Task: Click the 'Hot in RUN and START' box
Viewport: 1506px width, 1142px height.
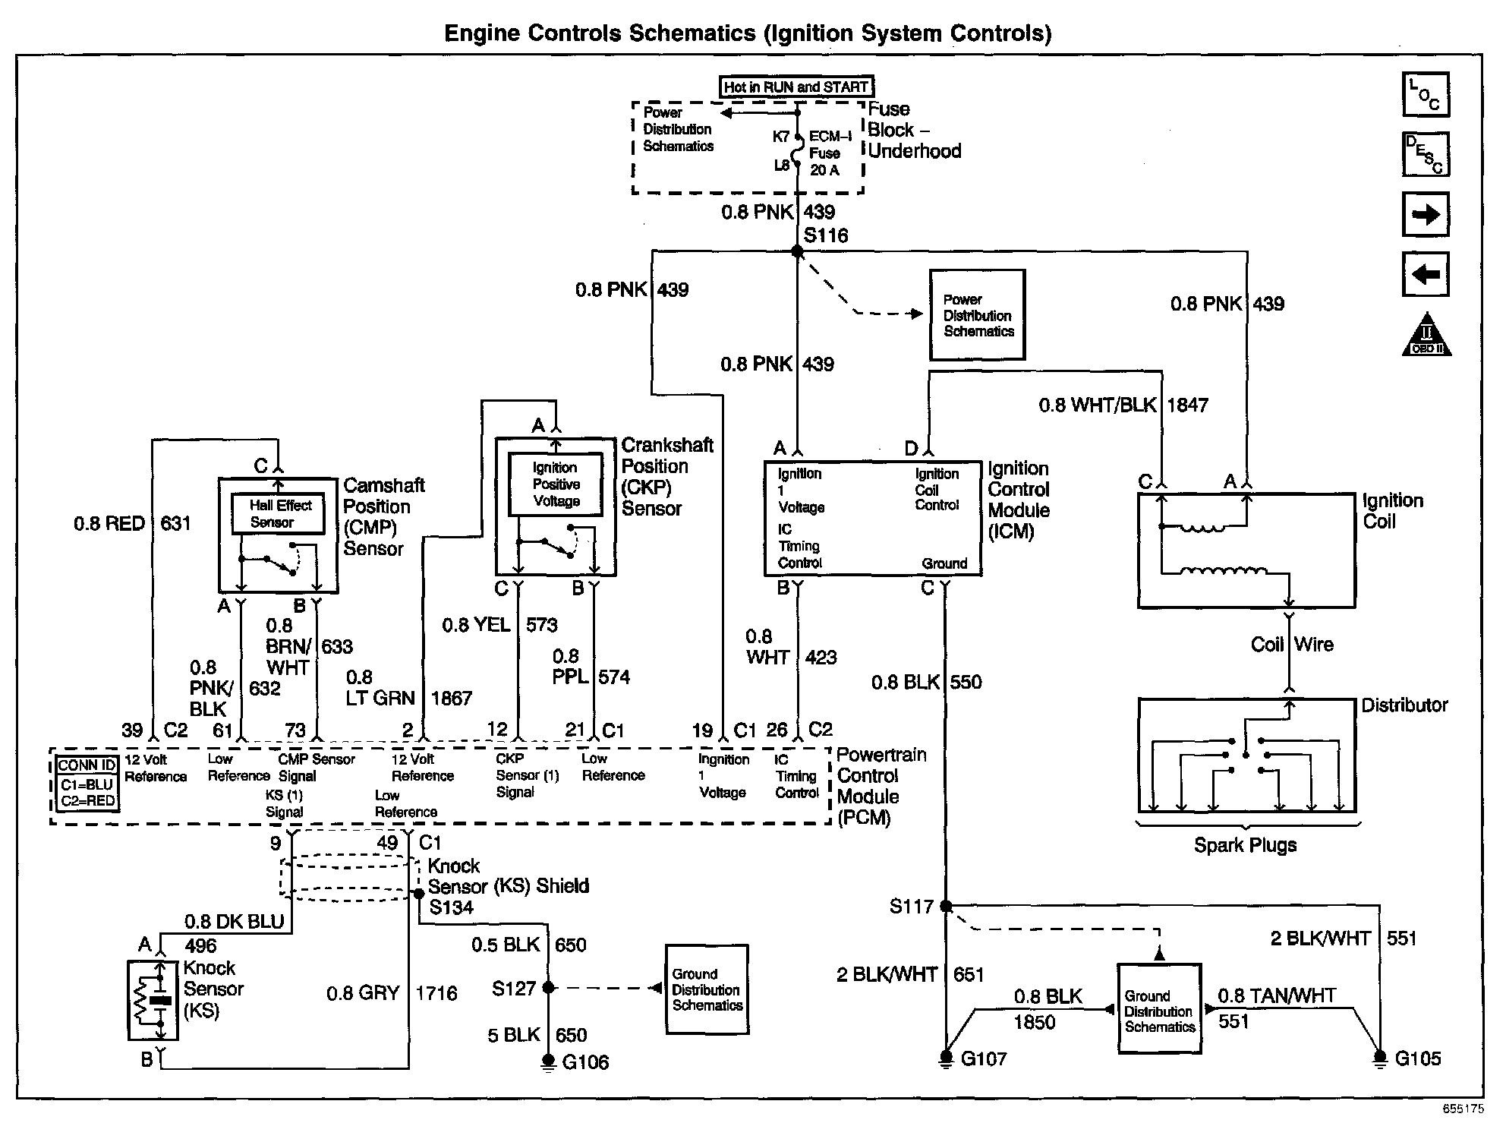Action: [x=796, y=87]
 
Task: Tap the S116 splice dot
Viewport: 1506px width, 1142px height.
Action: [x=797, y=251]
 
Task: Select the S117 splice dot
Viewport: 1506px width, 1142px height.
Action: [x=946, y=906]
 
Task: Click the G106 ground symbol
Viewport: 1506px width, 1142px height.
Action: [x=548, y=1062]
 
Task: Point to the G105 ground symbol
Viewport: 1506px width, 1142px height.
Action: [x=1380, y=1058]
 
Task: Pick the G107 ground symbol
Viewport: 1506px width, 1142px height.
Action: [x=946, y=1058]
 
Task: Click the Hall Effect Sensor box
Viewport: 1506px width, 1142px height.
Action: [x=279, y=514]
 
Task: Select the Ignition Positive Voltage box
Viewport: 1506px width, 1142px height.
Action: [x=556, y=484]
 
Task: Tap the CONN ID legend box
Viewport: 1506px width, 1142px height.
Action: [x=87, y=784]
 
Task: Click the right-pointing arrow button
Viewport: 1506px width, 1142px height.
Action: [x=1426, y=215]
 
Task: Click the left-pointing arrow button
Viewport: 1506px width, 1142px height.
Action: [x=1426, y=274]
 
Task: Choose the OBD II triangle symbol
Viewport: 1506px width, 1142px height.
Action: [x=1426, y=336]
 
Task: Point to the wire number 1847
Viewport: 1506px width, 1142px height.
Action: [x=1187, y=405]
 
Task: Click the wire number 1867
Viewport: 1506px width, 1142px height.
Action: [x=452, y=699]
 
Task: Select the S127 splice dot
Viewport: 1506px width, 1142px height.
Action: [x=549, y=988]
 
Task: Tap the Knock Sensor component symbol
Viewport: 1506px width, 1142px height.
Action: [x=153, y=1000]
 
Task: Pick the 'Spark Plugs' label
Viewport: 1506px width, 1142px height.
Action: [x=1245, y=845]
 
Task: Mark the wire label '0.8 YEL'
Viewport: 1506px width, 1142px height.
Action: [x=477, y=625]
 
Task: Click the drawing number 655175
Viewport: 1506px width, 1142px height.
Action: [x=1463, y=1109]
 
